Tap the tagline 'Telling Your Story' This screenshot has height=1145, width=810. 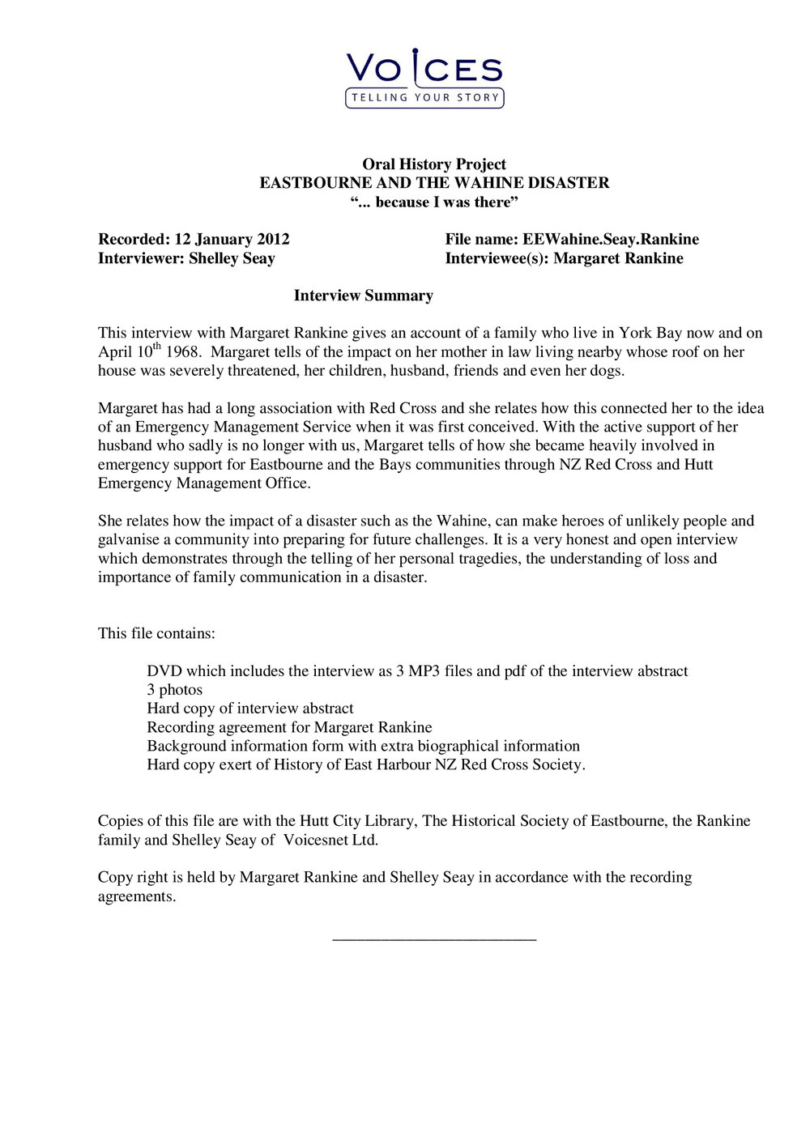coord(424,98)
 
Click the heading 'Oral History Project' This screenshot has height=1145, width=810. coord(434,164)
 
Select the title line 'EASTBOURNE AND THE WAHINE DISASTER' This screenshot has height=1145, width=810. coord(434,183)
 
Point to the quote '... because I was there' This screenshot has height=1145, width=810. coord(434,202)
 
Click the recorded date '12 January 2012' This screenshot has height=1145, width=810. coord(232,240)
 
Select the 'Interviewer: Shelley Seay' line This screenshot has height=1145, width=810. coord(186,258)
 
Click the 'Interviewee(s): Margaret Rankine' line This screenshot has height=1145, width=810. coord(564,258)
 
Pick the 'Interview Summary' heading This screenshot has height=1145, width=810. coord(363,296)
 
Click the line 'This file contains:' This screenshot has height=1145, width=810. coord(156,633)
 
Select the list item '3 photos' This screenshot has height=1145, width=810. coord(174,690)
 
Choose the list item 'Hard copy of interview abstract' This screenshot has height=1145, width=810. coord(249,709)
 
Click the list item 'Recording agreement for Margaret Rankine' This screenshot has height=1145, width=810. coord(289,727)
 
